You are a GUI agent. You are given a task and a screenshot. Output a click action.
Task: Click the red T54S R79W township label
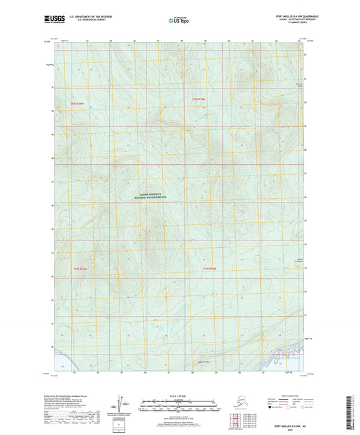[80, 103]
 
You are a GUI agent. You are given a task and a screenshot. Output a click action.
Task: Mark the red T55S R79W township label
[80, 269]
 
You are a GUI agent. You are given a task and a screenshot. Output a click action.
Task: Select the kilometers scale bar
[179, 401]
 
